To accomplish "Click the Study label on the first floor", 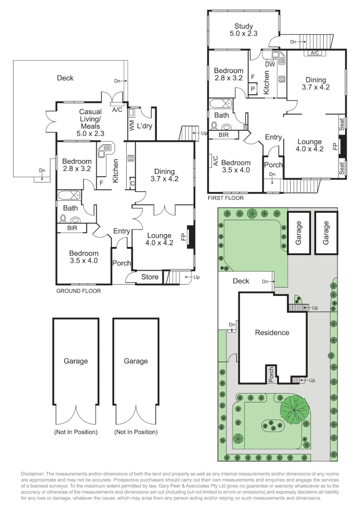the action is pos(244,26).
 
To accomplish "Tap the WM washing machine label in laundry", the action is pos(131,126).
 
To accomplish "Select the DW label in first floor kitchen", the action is pos(270,64).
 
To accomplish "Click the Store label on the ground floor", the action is pos(150,277).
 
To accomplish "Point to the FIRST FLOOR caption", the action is pos(226,197).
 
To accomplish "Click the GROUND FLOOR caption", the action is pos(79,291).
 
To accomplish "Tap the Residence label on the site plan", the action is pos(272,332).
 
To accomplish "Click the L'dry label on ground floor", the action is pos(145,126).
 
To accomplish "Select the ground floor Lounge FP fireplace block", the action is pos(190,237).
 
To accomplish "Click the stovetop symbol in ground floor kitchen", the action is pos(131,158).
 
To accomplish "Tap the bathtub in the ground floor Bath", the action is pos(69,196).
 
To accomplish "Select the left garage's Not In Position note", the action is pos(76,432).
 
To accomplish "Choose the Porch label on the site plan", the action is pos(271,375).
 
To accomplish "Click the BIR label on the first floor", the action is pos(224,135).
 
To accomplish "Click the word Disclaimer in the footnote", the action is pos(33,474).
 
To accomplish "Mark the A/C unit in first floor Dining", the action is pos(315,53).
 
